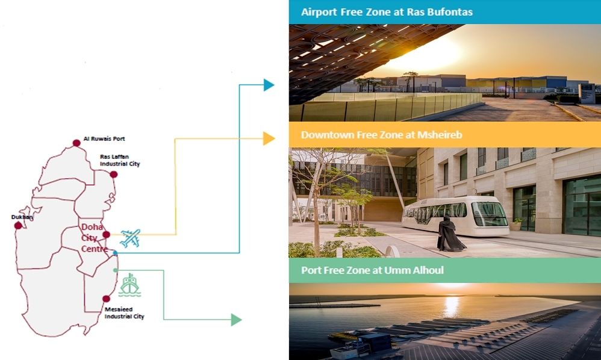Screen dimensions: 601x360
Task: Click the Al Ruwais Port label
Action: pyautogui.click(x=104, y=138)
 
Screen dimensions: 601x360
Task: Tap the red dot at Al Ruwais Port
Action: pyautogui.click(x=76, y=143)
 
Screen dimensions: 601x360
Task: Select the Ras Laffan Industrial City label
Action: pyautogui.click(x=120, y=160)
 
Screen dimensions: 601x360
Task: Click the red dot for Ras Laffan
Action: pyautogui.click(x=113, y=175)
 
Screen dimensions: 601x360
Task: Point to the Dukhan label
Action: pyautogui.click(x=22, y=217)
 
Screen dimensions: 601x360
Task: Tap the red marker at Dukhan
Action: pyautogui.click(x=18, y=225)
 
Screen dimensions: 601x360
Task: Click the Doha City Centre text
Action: pyautogui.click(x=95, y=238)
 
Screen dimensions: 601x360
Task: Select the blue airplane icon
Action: pyautogui.click(x=130, y=238)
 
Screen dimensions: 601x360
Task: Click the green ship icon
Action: pyautogui.click(x=129, y=285)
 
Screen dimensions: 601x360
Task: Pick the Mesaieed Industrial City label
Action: pyautogui.click(x=124, y=313)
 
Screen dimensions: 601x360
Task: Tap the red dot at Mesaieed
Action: pyautogui.click(x=107, y=299)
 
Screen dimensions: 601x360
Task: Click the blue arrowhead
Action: pyautogui.click(x=269, y=85)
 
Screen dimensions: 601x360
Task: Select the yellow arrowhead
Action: pyautogui.click(x=269, y=138)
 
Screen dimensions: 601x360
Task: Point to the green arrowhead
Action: pyautogui.click(x=236, y=320)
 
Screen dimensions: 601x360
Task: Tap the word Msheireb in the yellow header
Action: pyautogui.click(x=440, y=135)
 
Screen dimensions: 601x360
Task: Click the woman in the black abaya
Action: pyautogui.click(x=450, y=234)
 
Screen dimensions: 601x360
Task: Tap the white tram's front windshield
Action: pyautogui.click(x=489, y=214)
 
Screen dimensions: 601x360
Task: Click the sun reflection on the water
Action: pyautogui.click(x=452, y=306)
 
